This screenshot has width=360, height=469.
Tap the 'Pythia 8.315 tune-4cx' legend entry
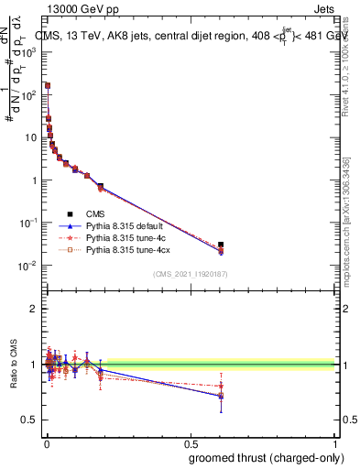click(x=132, y=249)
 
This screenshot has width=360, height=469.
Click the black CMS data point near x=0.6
click(x=221, y=245)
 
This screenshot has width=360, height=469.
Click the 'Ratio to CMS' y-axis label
click(x=14, y=365)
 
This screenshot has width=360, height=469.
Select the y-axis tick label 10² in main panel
click(x=28, y=94)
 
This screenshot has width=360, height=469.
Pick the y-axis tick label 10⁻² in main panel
click(x=27, y=266)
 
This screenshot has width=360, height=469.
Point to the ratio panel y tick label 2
click(x=33, y=309)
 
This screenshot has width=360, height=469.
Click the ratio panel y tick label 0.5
click(x=29, y=420)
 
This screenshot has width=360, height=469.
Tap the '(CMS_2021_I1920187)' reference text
click(x=190, y=273)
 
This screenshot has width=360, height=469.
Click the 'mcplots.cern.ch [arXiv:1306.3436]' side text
click(x=350, y=211)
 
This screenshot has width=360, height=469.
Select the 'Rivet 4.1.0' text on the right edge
click(x=350, y=73)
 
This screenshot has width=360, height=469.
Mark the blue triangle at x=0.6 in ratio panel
click(x=221, y=396)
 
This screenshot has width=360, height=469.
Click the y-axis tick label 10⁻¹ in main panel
click(x=27, y=223)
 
